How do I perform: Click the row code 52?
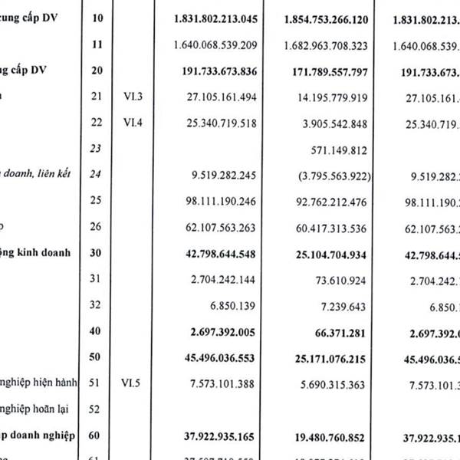pos(96,409)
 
